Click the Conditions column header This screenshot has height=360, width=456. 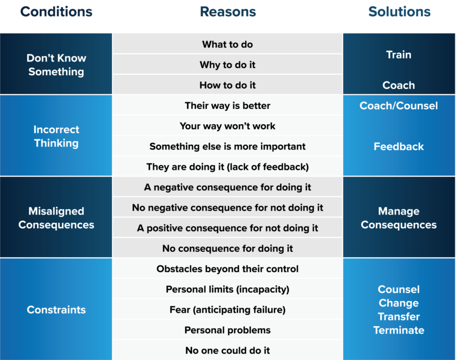click(x=56, y=12)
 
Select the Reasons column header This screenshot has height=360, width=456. click(x=228, y=12)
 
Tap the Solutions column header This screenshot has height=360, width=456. click(x=399, y=12)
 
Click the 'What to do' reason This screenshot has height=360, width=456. click(x=228, y=44)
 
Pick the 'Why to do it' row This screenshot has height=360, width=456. click(x=228, y=65)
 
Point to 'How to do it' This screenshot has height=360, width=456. click(x=228, y=85)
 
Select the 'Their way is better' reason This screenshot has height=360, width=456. click(x=228, y=106)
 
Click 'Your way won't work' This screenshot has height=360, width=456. click(x=228, y=126)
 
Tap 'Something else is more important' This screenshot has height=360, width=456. click(x=228, y=146)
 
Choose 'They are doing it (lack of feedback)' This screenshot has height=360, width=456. click(x=228, y=167)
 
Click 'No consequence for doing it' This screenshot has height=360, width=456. click(x=228, y=249)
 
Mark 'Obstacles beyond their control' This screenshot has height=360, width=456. click(x=228, y=269)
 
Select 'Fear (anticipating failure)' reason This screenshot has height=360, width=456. click(x=228, y=310)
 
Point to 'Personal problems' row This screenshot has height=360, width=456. click(x=228, y=330)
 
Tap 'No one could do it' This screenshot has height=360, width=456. click(x=228, y=351)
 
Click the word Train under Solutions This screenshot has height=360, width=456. click(x=399, y=55)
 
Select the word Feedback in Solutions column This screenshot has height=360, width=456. click(x=399, y=147)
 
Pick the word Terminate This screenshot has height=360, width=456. click(x=399, y=330)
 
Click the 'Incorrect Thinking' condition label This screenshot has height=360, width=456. click(x=56, y=136)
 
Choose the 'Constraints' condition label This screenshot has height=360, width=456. click(x=56, y=310)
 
